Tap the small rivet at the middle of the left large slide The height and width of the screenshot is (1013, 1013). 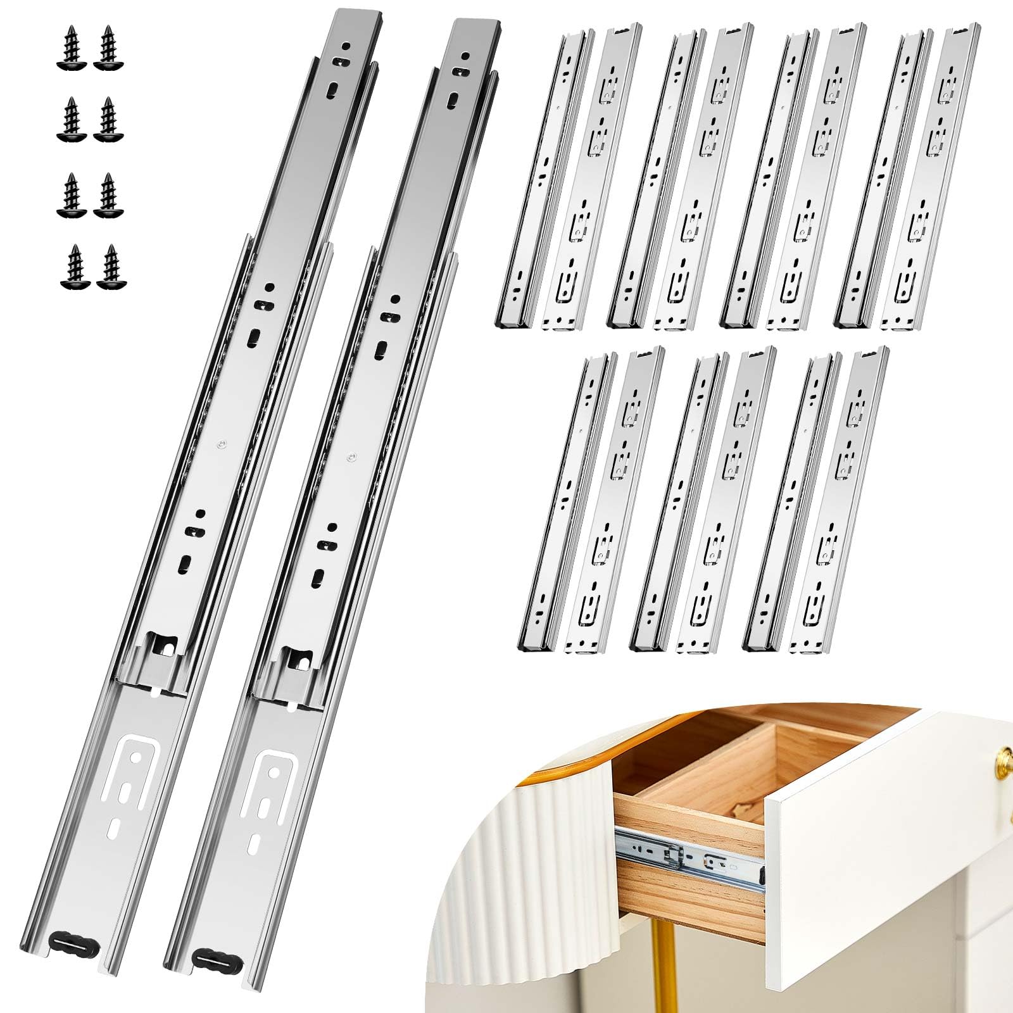click(220, 444)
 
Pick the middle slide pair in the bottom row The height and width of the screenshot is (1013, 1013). click(703, 500)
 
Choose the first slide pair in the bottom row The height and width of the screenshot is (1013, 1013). click(592, 500)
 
